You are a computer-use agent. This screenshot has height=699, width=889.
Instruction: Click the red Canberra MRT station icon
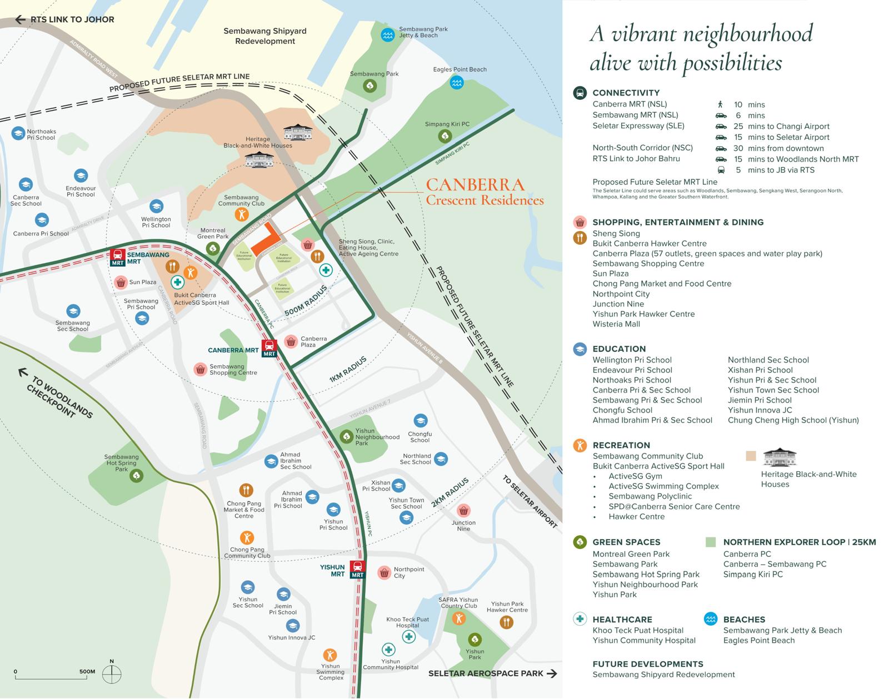pos(269,348)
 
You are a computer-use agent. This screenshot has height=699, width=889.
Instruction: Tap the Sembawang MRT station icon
pos(118,258)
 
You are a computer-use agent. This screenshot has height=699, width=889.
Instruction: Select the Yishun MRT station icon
pos(357,569)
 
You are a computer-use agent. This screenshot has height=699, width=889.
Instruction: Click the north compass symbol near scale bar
pos(112,674)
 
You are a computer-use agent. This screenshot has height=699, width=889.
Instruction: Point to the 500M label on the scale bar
pos(87,671)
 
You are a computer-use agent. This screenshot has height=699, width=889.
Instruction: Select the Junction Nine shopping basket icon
pos(463,510)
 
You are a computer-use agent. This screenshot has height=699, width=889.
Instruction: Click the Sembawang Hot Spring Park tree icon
pos(136,476)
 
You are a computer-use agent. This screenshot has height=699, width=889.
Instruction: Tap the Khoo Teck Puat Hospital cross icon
pos(409,636)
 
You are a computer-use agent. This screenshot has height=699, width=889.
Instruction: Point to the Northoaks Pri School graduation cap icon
pos(18,134)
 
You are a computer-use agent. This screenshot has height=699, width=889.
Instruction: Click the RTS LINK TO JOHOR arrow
pos(21,20)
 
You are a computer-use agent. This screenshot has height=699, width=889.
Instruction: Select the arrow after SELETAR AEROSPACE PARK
pos(552,673)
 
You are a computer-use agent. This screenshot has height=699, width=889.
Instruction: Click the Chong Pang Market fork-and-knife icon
pos(246,490)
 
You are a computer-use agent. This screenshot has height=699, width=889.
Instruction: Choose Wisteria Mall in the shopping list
pos(616,324)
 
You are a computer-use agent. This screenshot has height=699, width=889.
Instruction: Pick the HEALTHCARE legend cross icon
pos(580,619)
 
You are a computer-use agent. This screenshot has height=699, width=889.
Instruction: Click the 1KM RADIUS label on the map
pos(348,369)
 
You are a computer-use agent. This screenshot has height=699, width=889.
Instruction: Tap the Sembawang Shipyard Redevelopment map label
pos(265,36)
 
